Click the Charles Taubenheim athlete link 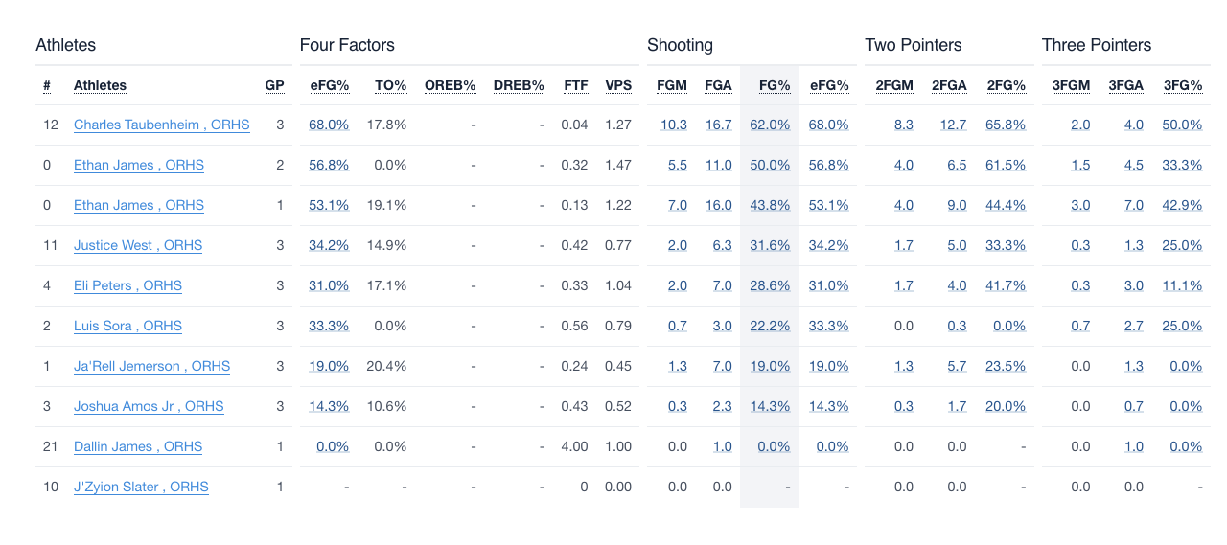161,125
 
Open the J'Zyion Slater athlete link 141,487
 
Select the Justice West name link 138,245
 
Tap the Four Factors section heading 347,45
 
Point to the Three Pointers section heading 1097,45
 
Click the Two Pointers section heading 913,45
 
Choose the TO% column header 390,85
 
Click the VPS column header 618,85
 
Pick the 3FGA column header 1125,85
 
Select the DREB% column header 519,85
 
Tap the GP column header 274,85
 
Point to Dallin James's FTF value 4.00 574,446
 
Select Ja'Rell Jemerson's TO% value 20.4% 387,366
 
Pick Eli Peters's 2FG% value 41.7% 1006,285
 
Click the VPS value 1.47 618,165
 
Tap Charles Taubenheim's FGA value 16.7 718,125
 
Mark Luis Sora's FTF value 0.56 574,326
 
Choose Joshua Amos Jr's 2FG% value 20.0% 1006,406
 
